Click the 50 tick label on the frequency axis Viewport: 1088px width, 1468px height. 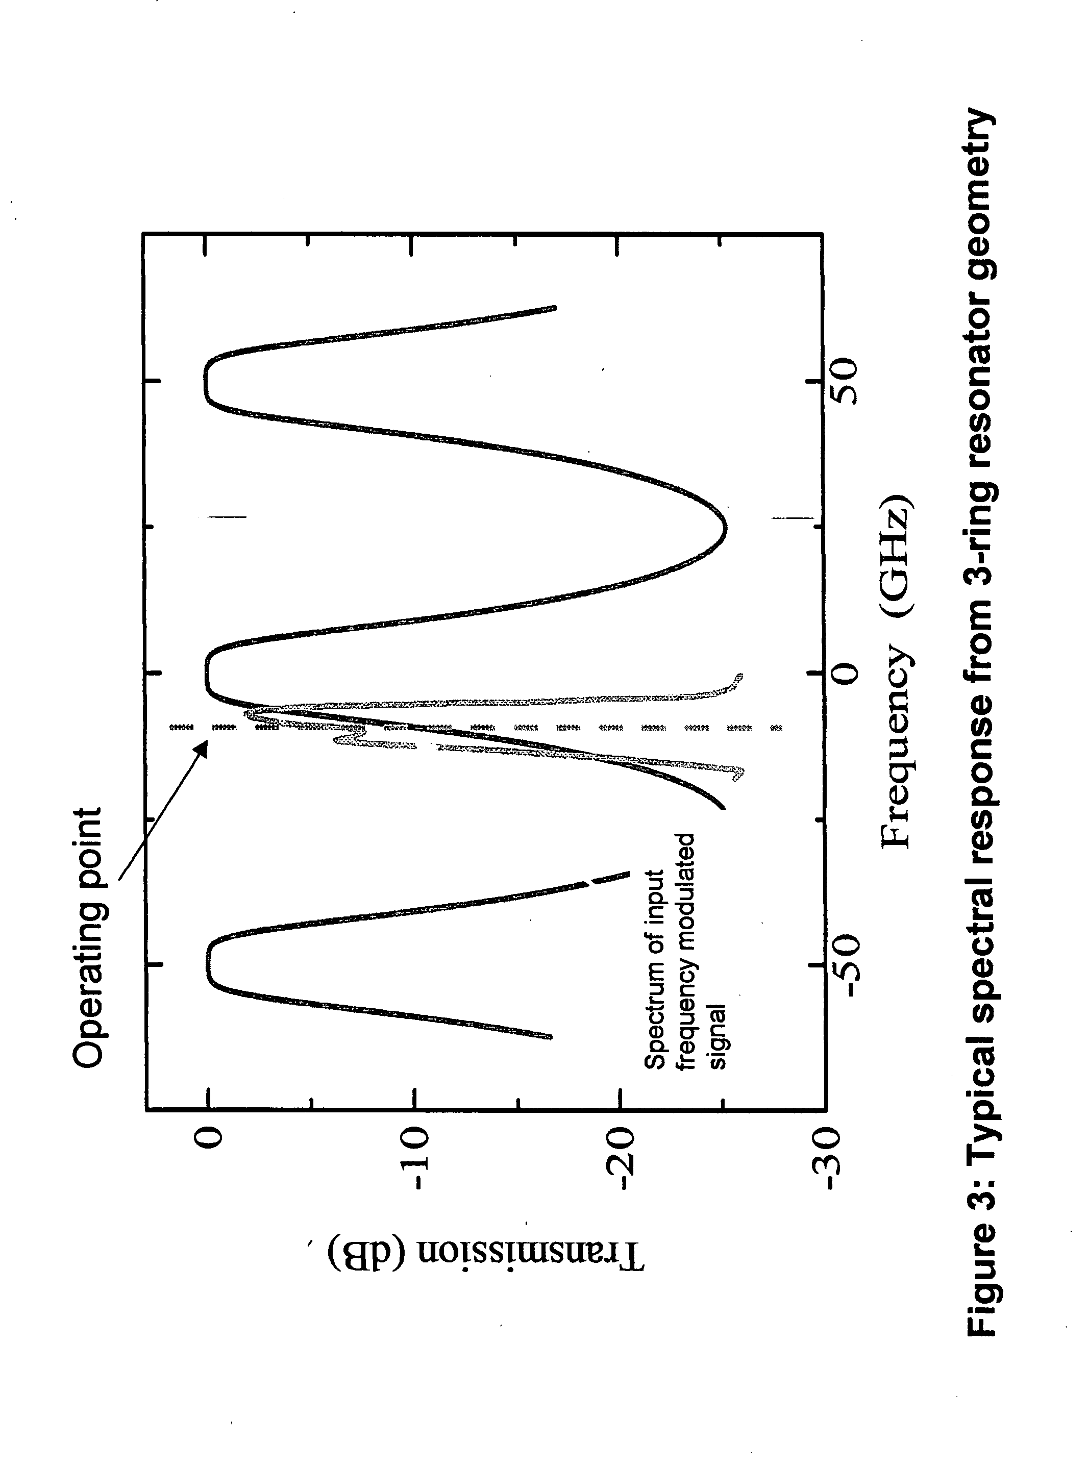pyautogui.click(x=843, y=381)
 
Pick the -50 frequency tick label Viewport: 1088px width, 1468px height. pyautogui.click(x=843, y=965)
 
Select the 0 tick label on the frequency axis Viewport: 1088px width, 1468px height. pyautogui.click(x=843, y=673)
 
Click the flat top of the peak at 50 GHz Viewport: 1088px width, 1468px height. pyautogui.click(x=206, y=381)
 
